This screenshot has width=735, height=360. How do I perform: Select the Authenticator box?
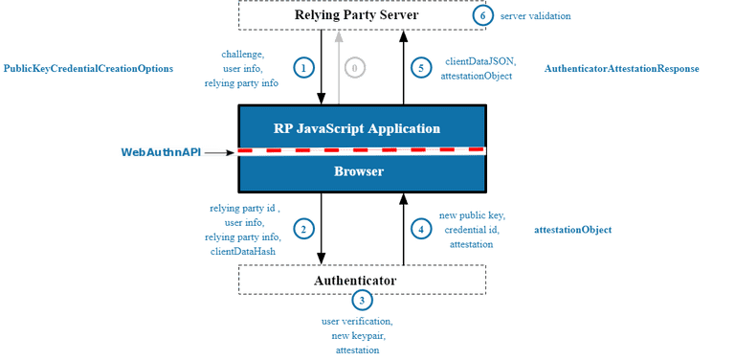[362, 280]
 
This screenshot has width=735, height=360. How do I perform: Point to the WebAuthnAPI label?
[161, 152]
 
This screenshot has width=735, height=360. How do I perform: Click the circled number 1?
[303, 67]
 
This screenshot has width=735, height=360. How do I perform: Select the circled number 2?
[303, 229]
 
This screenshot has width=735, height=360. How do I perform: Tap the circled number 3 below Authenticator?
[361, 301]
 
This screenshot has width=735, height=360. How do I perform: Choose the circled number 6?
[484, 15]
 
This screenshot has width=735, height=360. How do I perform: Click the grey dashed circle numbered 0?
[355, 68]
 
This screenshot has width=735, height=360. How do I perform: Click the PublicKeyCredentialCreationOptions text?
[87, 70]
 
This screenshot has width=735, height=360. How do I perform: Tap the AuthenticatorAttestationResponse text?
[621, 70]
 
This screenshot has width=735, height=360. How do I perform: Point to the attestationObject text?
[573, 230]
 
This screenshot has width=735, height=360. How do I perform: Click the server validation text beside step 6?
[537, 16]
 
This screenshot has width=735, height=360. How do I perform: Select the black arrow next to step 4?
[403, 229]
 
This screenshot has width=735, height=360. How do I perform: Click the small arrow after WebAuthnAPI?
[219, 152]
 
